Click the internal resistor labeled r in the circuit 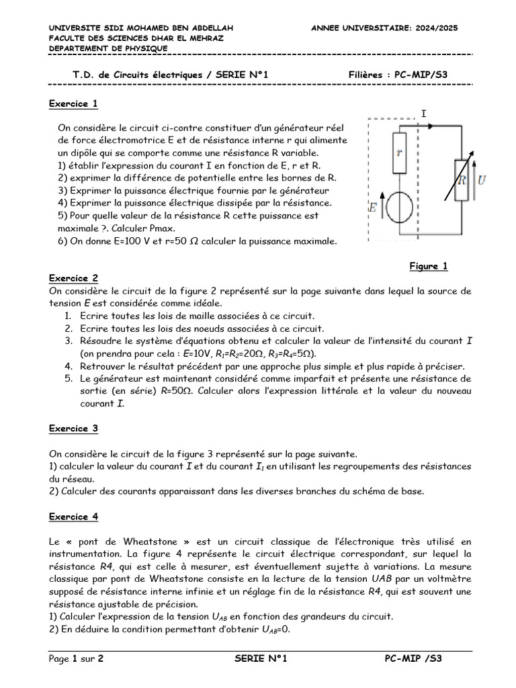coord(399,153)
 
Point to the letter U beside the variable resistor coord(482,179)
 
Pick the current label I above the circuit coord(423,114)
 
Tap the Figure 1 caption coord(428,266)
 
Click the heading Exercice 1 coord(74,103)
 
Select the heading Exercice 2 coord(74,278)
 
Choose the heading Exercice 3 coord(74,428)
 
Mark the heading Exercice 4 coord(74,517)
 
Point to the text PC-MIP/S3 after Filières coord(419,75)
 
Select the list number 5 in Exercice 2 coord(69,378)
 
